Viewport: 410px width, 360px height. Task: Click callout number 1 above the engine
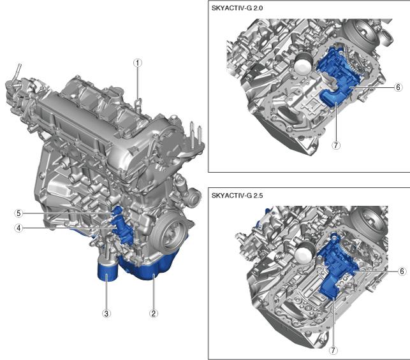click(138, 63)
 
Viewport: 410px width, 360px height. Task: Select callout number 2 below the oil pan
click(154, 313)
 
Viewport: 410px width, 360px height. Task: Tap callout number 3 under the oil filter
click(106, 313)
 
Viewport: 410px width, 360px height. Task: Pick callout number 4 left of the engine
click(18, 228)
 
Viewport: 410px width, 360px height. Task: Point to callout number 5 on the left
click(18, 213)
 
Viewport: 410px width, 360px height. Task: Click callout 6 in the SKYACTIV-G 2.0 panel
click(398, 87)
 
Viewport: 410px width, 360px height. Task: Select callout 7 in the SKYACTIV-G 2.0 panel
click(336, 145)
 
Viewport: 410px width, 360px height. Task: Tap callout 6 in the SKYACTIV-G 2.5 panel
click(402, 271)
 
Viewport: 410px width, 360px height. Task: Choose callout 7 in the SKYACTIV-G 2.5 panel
click(333, 350)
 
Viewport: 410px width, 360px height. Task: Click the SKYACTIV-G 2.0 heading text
click(237, 8)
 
